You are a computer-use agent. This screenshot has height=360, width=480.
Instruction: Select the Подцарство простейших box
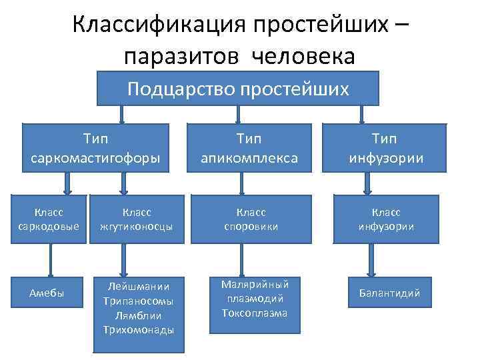pos(238,88)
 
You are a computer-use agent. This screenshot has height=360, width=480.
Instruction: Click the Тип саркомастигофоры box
pos(95,148)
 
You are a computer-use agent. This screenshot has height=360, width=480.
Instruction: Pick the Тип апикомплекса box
pos(249,148)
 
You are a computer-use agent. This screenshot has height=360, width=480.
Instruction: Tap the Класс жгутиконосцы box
pos(137,219)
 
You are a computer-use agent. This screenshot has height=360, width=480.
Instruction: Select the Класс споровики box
pos(250,219)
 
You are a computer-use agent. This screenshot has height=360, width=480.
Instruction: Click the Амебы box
pos(47,293)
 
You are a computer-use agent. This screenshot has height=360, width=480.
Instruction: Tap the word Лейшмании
pos(139,286)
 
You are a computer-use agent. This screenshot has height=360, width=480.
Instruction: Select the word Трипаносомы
pos(139,301)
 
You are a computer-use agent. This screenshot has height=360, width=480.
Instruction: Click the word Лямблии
pos(139,315)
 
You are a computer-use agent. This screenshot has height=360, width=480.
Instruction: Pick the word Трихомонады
pos(139,330)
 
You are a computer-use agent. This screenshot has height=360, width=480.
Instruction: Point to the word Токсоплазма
pos(249,313)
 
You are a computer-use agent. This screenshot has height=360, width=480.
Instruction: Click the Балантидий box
pos(390,293)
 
